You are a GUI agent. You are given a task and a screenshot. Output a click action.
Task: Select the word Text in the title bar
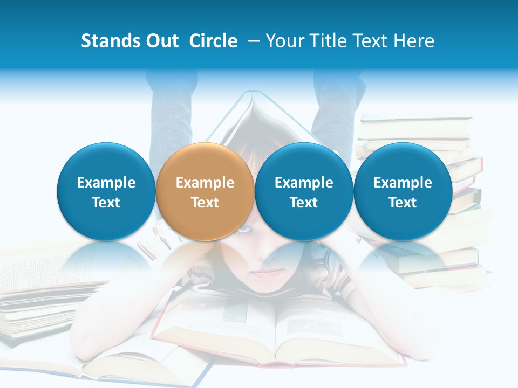tap(373, 41)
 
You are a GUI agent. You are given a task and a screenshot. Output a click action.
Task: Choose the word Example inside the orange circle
tap(205, 183)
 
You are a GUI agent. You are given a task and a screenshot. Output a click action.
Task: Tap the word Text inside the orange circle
tap(205, 203)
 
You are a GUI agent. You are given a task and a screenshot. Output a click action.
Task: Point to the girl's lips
tap(264, 274)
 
